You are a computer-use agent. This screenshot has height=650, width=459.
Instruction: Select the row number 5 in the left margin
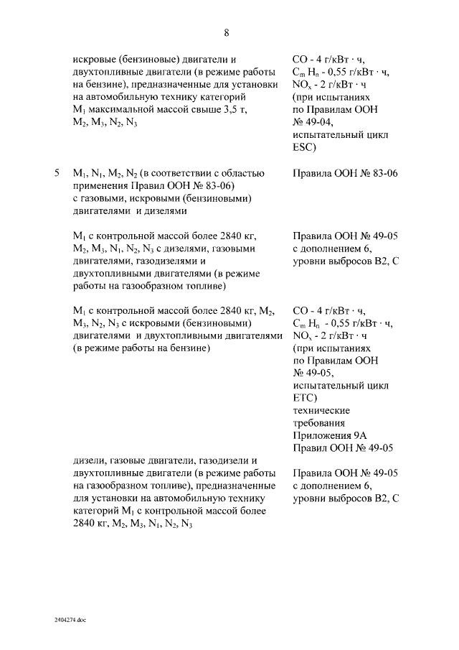click(x=57, y=174)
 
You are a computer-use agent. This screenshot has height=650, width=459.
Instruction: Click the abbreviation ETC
click(x=305, y=398)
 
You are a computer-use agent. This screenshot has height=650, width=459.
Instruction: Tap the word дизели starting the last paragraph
click(x=90, y=460)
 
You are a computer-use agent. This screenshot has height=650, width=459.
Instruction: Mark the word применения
click(x=105, y=186)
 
